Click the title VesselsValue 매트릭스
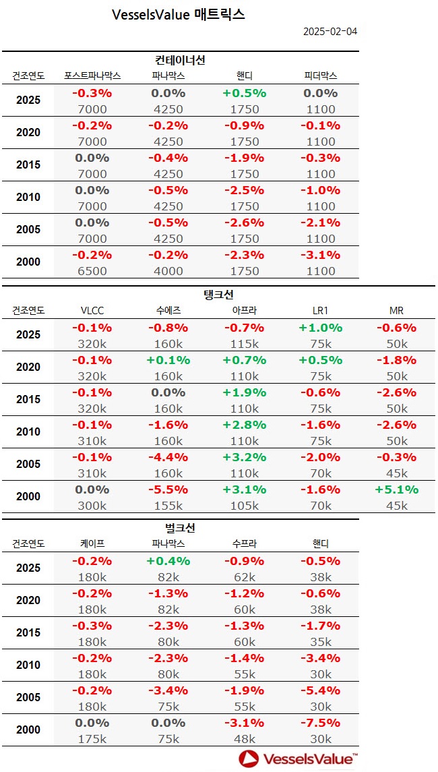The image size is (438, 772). [x=178, y=14]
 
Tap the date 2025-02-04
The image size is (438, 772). [x=330, y=32]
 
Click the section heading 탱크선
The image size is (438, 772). [x=218, y=295]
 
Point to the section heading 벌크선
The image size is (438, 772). [x=180, y=528]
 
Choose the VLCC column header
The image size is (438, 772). [x=92, y=310]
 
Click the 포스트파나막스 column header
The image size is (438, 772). [x=92, y=76]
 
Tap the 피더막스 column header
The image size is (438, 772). [x=321, y=76]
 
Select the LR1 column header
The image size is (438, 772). [x=321, y=310]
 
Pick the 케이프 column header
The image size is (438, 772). [x=92, y=543]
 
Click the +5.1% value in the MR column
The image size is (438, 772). [x=397, y=489]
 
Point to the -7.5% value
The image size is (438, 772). [x=321, y=723]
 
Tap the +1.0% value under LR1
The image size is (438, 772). [x=321, y=328]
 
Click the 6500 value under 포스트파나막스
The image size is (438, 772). [x=92, y=271]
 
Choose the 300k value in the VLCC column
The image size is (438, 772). [x=92, y=506]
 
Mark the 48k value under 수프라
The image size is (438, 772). [x=244, y=739]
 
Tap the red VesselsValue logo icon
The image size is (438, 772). [x=250, y=759]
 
